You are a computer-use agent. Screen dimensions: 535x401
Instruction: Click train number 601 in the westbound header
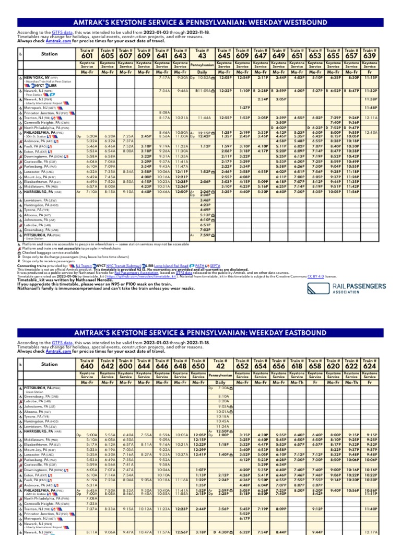(x=87, y=56)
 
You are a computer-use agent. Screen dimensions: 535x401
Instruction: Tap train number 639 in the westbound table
(x=370, y=56)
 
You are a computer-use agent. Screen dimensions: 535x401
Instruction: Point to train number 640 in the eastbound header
(x=87, y=367)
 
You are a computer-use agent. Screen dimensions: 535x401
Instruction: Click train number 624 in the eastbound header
(x=370, y=367)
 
